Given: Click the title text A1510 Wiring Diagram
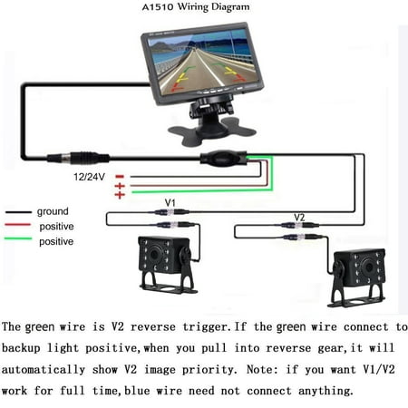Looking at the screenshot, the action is pyautogui.click(x=196, y=6).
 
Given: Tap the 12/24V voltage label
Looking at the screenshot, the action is pyautogui.click(x=90, y=177).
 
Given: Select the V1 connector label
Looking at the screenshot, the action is pyautogui.click(x=170, y=202).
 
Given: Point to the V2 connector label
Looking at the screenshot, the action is pyautogui.click(x=299, y=217).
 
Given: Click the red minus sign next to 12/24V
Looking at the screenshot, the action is pyautogui.click(x=120, y=176).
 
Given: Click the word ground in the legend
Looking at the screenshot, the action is pyautogui.click(x=53, y=211).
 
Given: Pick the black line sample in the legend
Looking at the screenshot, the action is pyautogui.click(x=18, y=212).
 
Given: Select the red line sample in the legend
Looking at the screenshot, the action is pyautogui.click(x=17, y=225).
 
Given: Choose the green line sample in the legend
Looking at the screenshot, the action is pyautogui.click(x=17, y=238).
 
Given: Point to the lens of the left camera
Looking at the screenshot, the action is pyautogui.click(x=155, y=254).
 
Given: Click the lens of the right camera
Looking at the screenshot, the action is pyautogui.click(x=368, y=267).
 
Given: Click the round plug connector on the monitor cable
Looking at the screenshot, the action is pyautogui.click(x=78, y=158).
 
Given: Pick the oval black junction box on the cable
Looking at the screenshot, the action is pyautogui.click(x=223, y=159).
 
